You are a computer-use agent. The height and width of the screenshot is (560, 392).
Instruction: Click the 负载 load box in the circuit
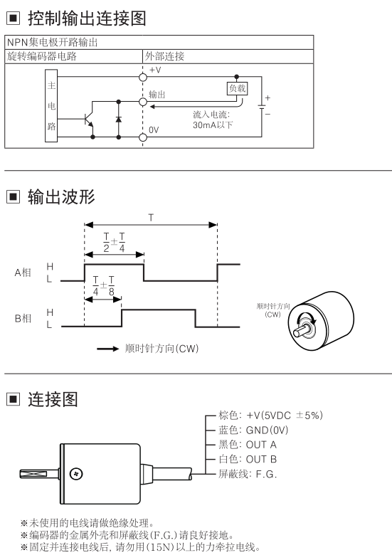tap(237, 88)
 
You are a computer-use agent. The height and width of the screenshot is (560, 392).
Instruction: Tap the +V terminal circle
tap(143, 77)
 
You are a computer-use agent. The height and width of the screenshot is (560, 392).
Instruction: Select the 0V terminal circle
tap(143, 137)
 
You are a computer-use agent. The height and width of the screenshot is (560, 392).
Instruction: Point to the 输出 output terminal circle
tap(143, 102)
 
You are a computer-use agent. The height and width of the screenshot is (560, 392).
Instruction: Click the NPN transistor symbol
tap(89, 119)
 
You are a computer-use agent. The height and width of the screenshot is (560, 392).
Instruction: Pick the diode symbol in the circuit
tap(119, 119)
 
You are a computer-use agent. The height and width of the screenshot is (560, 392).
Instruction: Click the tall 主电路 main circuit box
tap(51, 106)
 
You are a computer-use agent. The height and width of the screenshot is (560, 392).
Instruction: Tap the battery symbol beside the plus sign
tap(262, 107)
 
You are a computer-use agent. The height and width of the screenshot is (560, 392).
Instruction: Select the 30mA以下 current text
tap(213, 125)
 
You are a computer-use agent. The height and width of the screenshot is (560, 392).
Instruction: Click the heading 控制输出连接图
tap(87, 19)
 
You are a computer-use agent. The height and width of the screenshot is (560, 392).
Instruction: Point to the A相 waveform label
tap(23, 273)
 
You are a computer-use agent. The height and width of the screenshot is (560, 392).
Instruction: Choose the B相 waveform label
tap(23, 318)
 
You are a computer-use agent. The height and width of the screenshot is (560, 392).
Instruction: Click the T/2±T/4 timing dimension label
tap(114, 243)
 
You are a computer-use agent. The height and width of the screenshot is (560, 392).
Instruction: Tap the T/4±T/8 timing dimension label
tap(104, 286)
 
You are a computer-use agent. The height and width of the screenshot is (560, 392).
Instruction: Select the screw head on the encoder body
tap(76, 474)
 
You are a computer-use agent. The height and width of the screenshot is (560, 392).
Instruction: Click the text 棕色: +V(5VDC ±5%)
tap(270, 415)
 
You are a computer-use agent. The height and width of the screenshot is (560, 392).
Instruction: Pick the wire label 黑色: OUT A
tap(248, 445)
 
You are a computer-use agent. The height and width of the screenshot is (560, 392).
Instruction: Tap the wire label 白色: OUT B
tap(248, 459)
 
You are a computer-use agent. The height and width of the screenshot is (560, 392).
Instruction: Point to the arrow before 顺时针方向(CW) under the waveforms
tap(108, 349)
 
